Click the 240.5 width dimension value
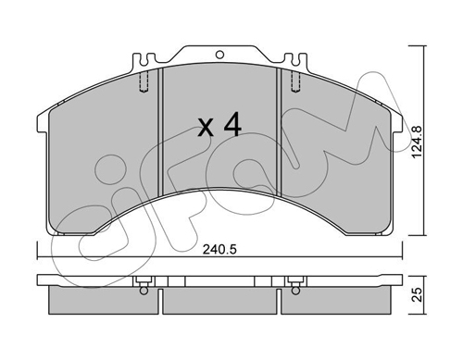pos(219,249)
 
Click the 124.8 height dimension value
pos(418,143)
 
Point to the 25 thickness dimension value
pos(418,294)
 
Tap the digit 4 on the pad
pos(232,124)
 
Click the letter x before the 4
pos(206,128)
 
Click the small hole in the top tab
pos(219,55)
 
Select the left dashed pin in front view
pos(144,81)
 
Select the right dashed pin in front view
pos(295,81)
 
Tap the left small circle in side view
pos(144,291)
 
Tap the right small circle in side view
pos(295,291)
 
